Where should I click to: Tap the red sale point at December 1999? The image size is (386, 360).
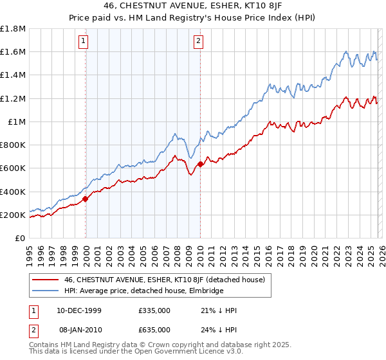(86, 199)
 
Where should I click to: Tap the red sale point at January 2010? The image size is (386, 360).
(200, 164)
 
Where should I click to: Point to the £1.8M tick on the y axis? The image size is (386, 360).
(14, 29)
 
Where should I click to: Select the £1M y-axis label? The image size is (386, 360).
(17, 122)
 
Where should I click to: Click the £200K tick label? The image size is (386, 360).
(13, 215)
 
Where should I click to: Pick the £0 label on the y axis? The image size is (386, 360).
(20, 238)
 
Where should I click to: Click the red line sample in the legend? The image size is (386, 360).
(46, 280)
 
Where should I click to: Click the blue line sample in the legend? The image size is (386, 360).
(46, 291)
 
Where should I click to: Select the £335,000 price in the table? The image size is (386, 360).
(154, 310)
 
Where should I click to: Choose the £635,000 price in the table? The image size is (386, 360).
(154, 330)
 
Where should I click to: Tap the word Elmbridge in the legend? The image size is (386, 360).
(201, 291)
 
